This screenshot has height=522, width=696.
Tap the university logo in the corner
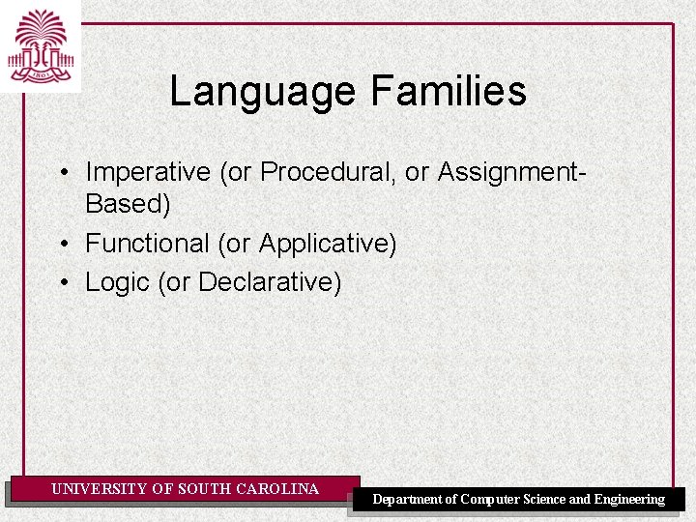(x=41, y=45)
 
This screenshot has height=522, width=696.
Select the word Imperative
(x=148, y=172)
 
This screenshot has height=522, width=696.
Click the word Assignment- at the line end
(x=511, y=172)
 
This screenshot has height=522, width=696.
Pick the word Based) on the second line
(x=128, y=204)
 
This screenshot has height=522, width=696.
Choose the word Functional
(x=147, y=244)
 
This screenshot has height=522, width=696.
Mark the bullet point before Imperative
(x=62, y=173)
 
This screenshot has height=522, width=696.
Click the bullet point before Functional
(x=62, y=245)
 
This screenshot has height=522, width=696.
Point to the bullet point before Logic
(x=62, y=283)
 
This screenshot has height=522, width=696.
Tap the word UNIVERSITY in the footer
(x=100, y=489)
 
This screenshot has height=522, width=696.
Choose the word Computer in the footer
(x=491, y=500)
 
